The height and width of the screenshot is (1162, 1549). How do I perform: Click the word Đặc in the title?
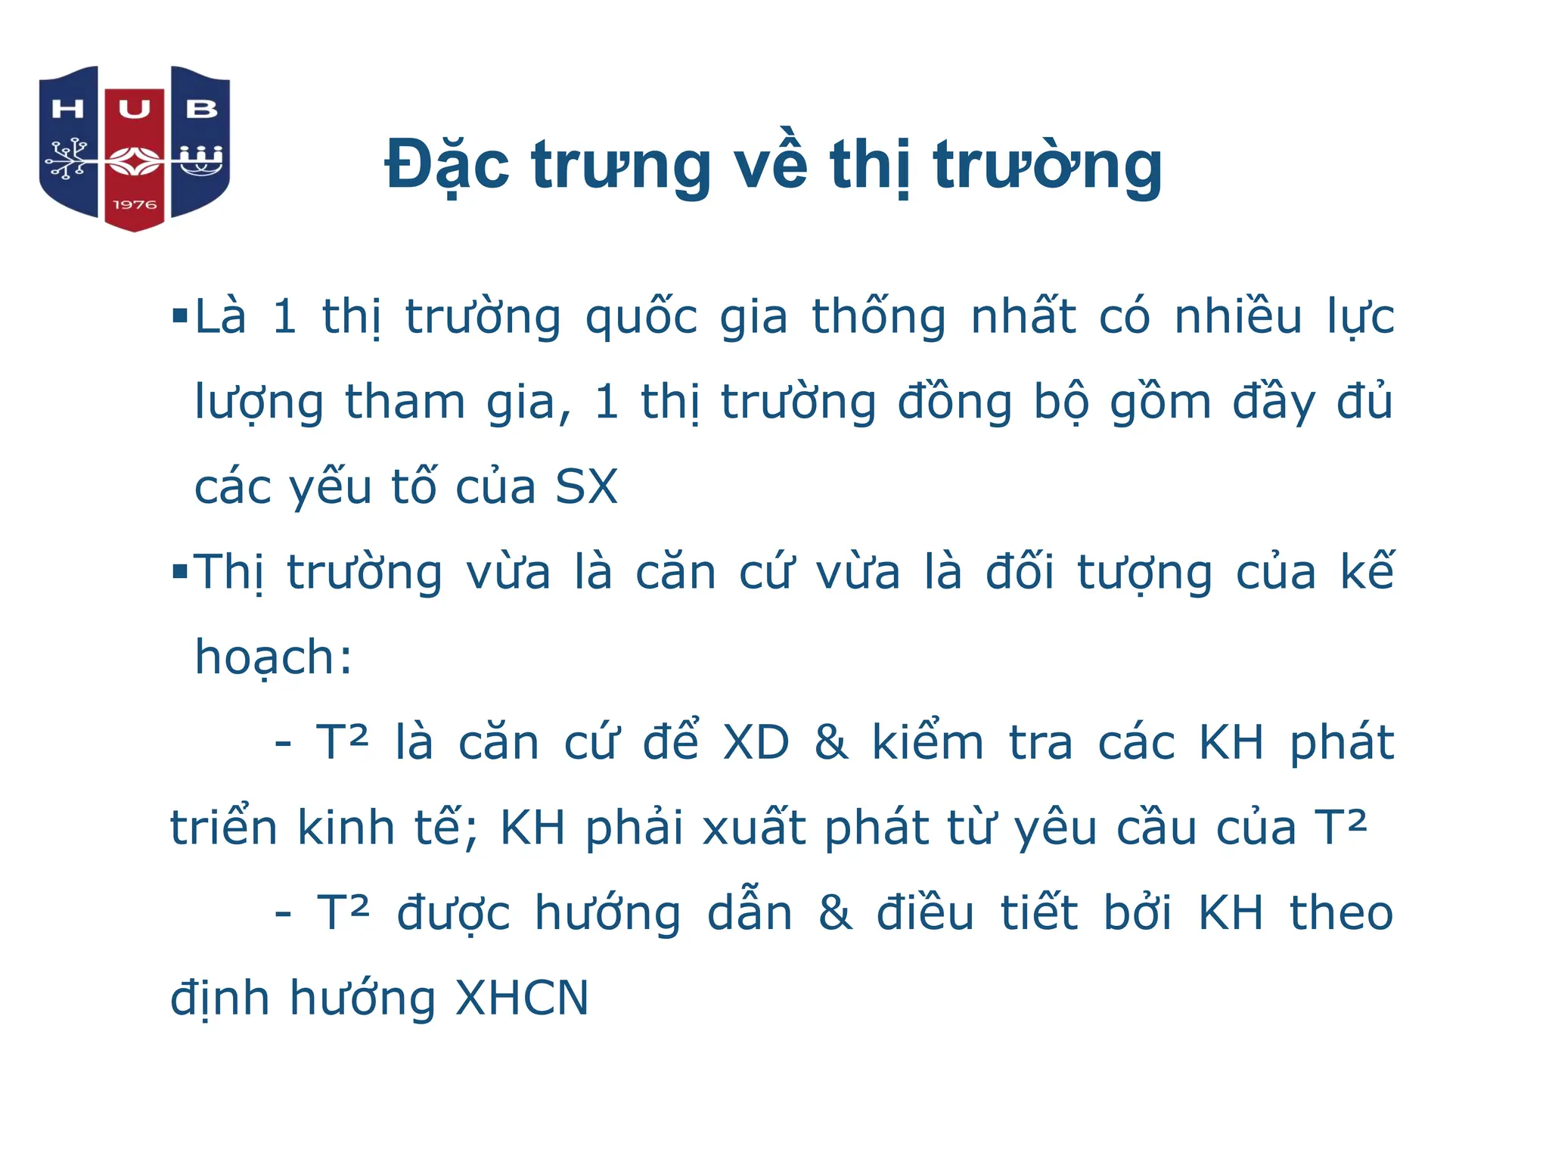(x=447, y=165)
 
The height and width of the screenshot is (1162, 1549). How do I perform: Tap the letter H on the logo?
(x=67, y=110)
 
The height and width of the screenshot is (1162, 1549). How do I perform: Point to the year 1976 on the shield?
(x=135, y=205)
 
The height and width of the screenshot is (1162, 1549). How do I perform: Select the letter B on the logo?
(x=201, y=110)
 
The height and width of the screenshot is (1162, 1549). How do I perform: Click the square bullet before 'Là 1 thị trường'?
(x=179, y=315)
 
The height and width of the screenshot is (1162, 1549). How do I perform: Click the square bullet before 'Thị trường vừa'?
(x=179, y=570)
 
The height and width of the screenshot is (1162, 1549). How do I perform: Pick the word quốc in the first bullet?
(x=641, y=318)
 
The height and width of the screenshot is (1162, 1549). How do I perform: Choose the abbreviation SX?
(x=586, y=486)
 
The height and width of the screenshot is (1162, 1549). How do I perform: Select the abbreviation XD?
(x=756, y=743)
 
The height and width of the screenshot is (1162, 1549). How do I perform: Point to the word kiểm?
(x=927, y=741)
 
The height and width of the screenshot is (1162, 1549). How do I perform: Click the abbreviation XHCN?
(x=522, y=999)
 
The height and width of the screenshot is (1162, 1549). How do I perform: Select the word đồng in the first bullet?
(x=955, y=402)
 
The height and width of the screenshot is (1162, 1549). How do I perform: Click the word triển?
(x=224, y=828)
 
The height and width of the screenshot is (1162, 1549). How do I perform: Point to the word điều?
(x=925, y=912)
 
